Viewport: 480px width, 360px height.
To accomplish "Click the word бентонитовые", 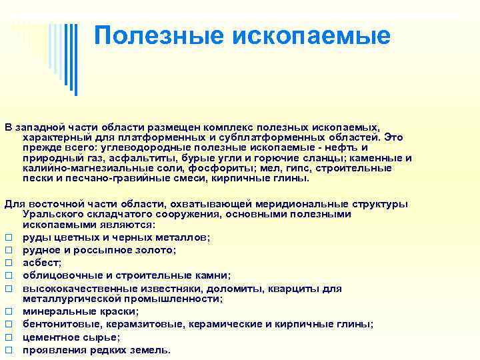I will coord(57,324).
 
